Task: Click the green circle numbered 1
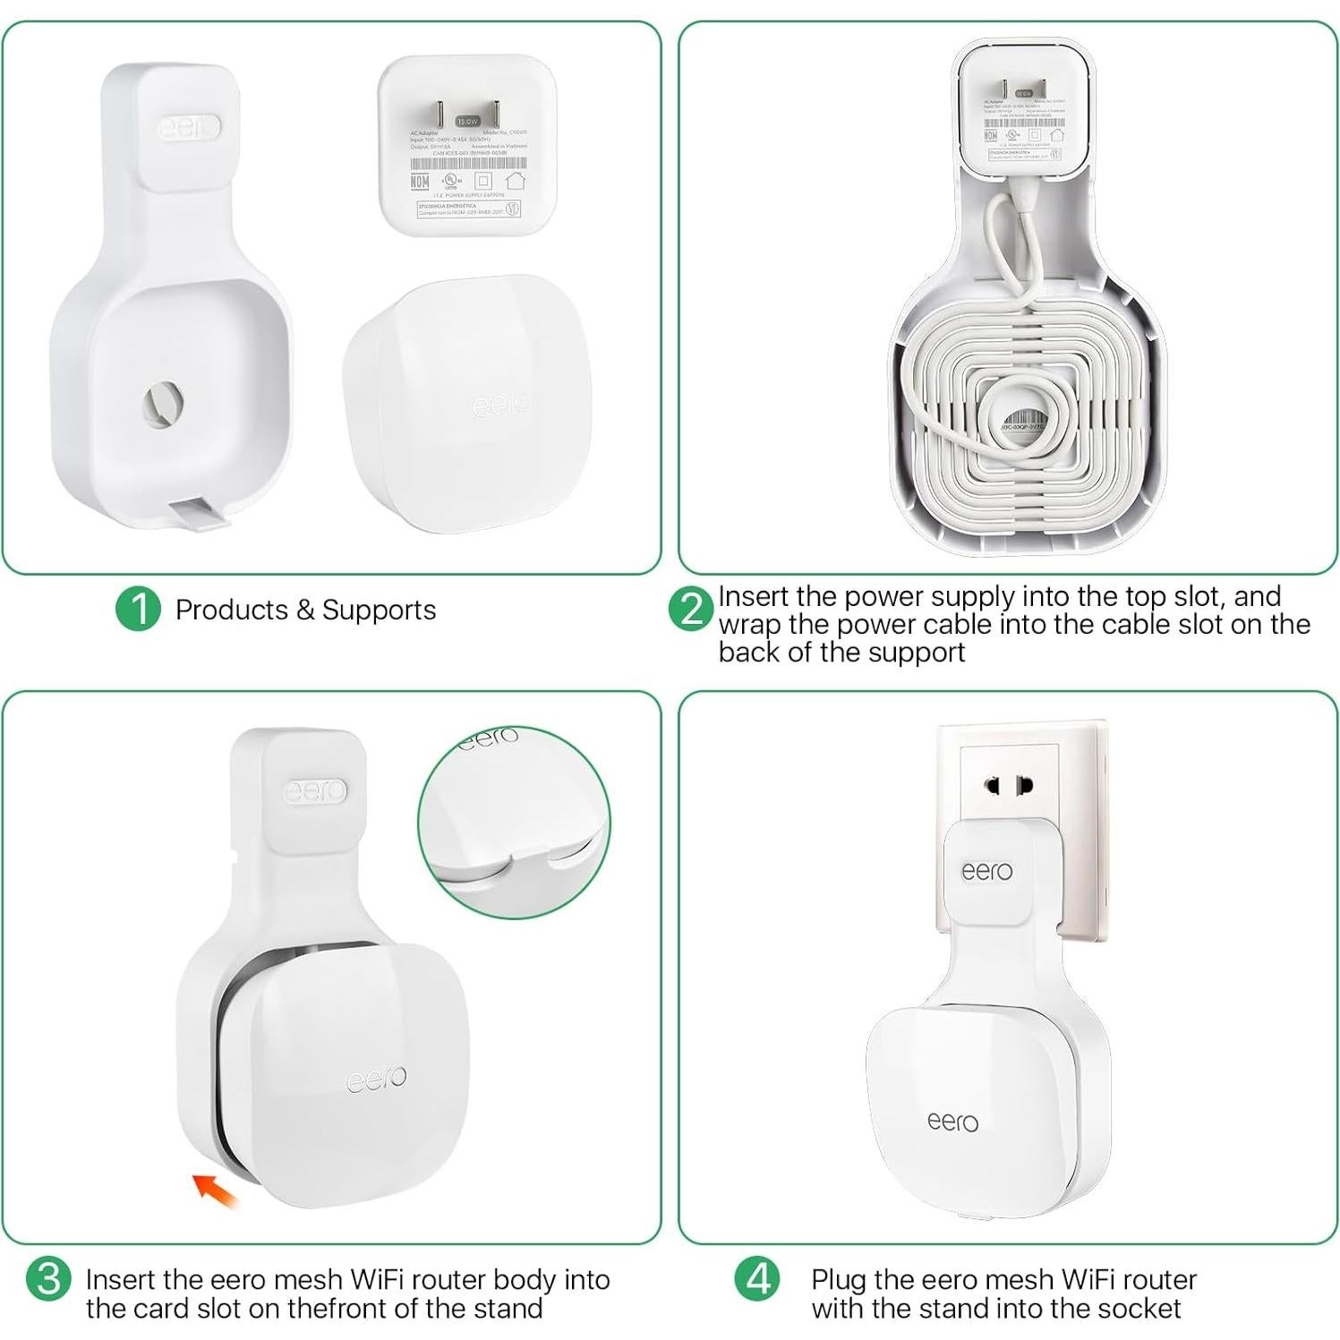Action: point(138,609)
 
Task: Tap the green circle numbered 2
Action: point(690,610)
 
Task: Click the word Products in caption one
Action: point(231,610)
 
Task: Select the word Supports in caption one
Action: point(379,610)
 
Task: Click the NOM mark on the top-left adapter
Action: point(419,181)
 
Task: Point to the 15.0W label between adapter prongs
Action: point(467,121)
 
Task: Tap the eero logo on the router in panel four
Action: point(952,1121)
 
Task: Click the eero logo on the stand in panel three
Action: point(315,791)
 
